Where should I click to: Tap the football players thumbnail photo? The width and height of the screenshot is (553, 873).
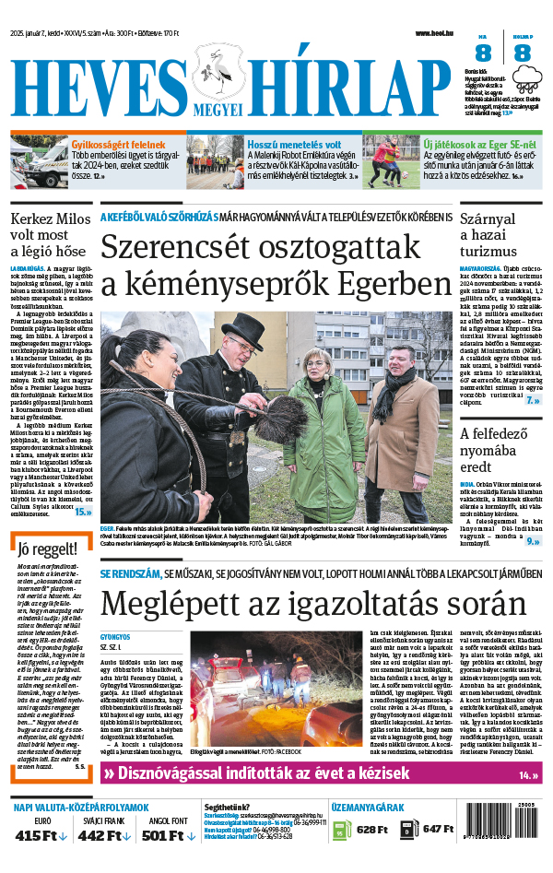(391, 161)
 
